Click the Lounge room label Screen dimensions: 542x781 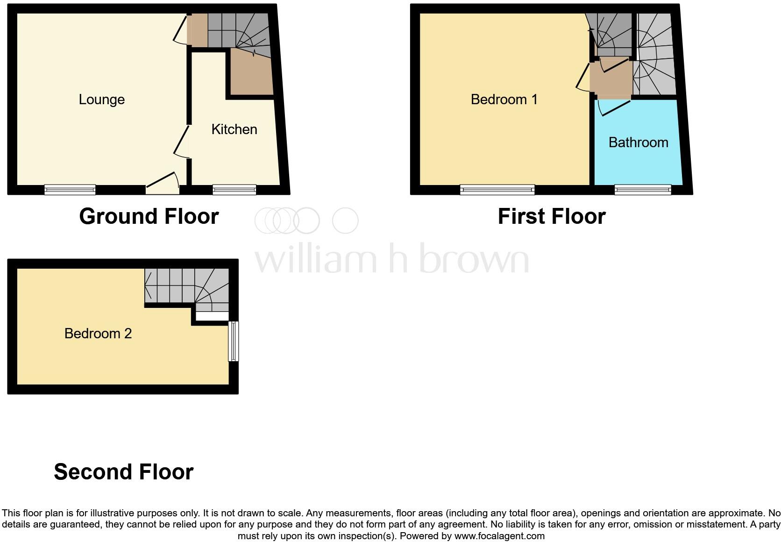[x=101, y=100]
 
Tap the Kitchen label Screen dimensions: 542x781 [x=234, y=129]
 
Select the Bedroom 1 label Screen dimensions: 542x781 [x=504, y=100]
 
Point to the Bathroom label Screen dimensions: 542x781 [x=638, y=143]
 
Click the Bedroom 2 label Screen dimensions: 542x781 [x=98, y=334]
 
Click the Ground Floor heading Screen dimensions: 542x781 [x=149, y=216]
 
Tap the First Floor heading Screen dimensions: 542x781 [x=552, y=216]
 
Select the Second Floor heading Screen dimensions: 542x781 [x=124, y=472]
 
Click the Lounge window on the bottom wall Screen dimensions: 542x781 [x=70, y=190]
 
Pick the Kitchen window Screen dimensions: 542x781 [x=234, y=190]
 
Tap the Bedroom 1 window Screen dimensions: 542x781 [x=497, y=190]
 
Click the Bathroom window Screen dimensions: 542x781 [x=643, y=190]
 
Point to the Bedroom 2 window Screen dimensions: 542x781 [x=233, y=341]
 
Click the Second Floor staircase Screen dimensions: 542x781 [x=187, y=286]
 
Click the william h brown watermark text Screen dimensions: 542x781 [x=391, y=258]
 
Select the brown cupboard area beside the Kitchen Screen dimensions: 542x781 [x=251, y=75]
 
